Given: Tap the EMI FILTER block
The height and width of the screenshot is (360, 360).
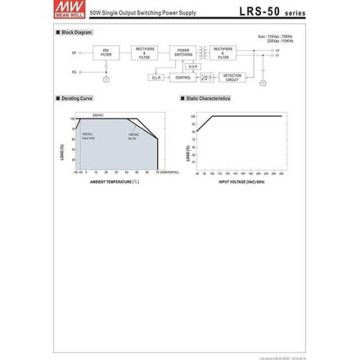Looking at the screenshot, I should (x=105, y=53).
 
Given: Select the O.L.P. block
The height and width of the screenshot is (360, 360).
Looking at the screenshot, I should (x=156, y=77).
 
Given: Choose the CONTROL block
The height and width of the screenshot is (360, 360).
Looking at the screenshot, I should (x=183, y=77).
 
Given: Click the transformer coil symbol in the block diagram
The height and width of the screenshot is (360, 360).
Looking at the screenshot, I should (x=204, y=52).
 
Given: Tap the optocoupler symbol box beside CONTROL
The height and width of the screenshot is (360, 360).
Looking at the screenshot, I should (x=206, y=76).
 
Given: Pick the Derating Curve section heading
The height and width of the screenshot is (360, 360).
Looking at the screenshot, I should (x=77, y=98).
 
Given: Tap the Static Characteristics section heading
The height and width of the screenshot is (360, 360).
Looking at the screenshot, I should (x=207, y=98).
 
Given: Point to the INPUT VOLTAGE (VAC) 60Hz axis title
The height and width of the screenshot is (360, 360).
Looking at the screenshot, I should (x=242, y=181).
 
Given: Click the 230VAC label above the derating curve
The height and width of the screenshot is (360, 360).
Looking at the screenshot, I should (x=98, y=114).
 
